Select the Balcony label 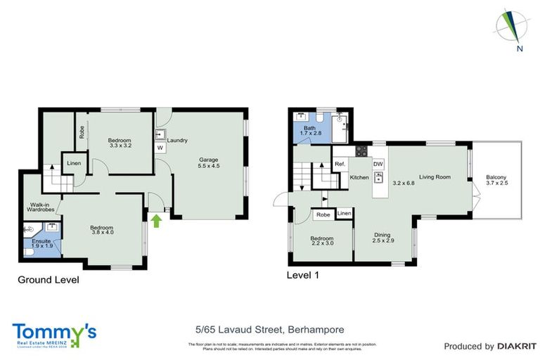[496, 181]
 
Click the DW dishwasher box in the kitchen [378, 164]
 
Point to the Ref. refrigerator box [340, 164]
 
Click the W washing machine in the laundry [160, 148]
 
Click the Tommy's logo [53, 334]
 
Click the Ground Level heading [48, 280]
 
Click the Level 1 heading [303, 275]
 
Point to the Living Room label [435, 177]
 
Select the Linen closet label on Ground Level [74, 164]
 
